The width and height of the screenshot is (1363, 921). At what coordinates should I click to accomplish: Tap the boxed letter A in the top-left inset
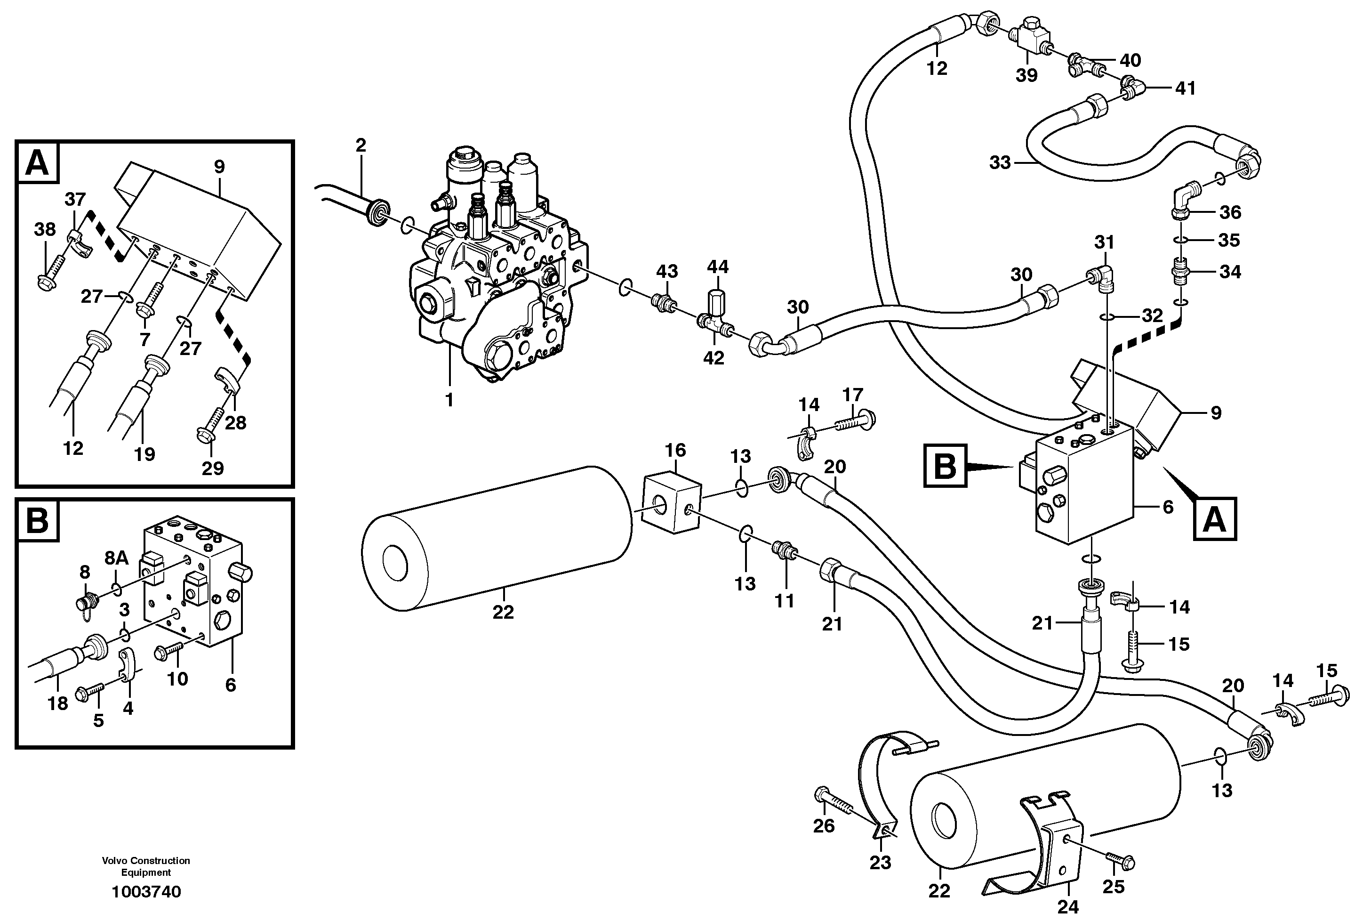click(x=38, y=162)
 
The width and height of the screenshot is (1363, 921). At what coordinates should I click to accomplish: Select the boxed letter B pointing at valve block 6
click(x=945, y=466)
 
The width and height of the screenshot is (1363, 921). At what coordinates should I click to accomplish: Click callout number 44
click(x=717, y=267)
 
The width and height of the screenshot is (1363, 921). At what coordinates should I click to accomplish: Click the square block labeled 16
click(x=672, y=504)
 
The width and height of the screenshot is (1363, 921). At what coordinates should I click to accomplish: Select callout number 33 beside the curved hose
click(x=1000, y=162)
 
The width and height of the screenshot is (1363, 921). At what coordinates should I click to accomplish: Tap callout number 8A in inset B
click(x=117, y=558)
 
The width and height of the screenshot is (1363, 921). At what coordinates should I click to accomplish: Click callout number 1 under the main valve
click(x=449, y=400)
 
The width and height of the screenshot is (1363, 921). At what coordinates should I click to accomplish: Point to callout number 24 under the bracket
click(x=1067, y=907)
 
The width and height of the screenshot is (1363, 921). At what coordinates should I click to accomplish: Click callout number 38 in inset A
click(x=45, y=229)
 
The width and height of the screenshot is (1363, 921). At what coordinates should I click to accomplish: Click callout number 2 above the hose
click(x=361, y=145)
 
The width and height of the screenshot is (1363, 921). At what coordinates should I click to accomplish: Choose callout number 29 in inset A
click(x=212, y=468)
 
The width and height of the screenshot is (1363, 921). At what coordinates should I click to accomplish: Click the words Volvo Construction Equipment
click(x=146, y=866)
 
